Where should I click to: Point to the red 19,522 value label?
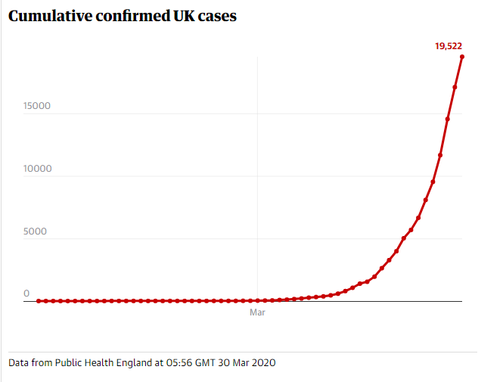click(448, 46)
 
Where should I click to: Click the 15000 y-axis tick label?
click(36, 106)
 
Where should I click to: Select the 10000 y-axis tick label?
click(36, 169)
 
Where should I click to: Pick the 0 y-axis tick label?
click(26, 293)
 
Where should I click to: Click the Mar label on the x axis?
click(257, 312)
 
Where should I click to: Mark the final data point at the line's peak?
click(462, 57)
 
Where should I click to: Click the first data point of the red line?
click(39, 301)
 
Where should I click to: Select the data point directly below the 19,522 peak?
click(455, 87)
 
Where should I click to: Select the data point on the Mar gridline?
click(258, 300)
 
